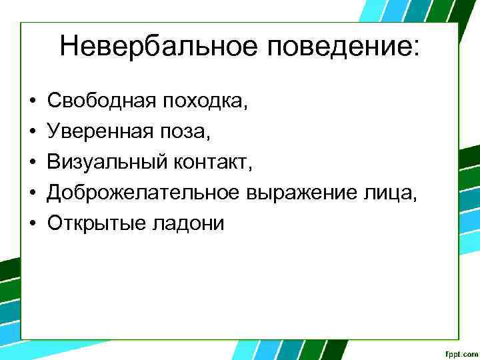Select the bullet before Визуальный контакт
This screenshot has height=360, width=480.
point(33,163)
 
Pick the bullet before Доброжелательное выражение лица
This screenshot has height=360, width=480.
point(33,193)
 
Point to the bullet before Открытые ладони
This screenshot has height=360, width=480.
point(33,224)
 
